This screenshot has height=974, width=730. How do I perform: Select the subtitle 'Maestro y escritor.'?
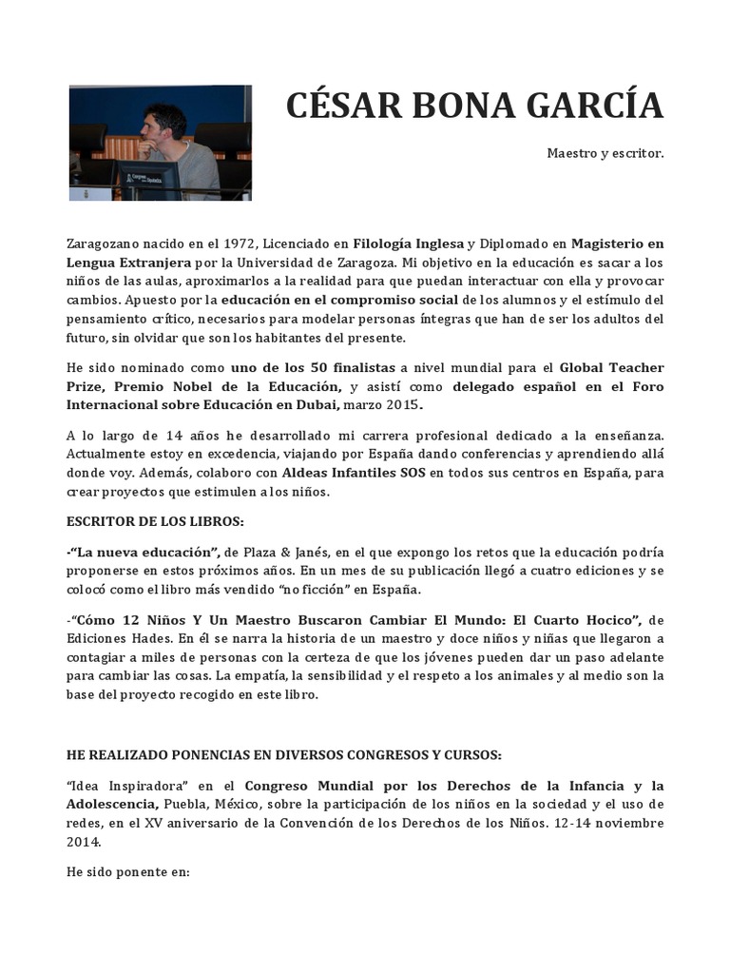[605, 152]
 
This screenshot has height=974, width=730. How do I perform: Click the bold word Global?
[585, 367]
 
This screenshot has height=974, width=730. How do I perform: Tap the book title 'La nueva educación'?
[144, 553]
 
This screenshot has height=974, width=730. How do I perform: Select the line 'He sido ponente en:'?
[128, 870]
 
